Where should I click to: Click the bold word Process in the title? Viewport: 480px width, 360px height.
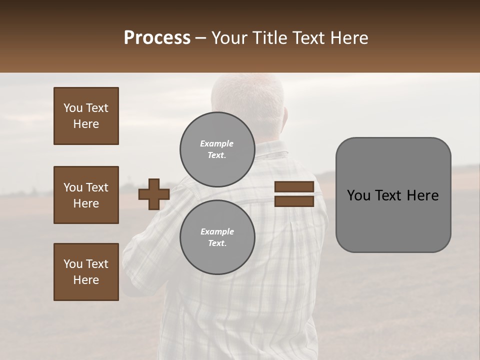pos(157,38)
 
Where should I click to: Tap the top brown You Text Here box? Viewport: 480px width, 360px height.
pos(86,116)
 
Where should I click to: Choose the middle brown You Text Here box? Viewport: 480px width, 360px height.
pos(86,195)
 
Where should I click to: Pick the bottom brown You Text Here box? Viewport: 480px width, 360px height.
pos(86,272)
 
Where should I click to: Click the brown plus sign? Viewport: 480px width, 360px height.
pos(154,194)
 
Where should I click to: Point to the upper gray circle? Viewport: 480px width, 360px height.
pos(217,149)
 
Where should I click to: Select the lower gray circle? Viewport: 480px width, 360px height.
pos(217,237)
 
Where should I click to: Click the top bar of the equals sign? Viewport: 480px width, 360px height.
pos(294,187)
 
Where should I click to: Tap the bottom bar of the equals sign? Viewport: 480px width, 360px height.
pos(294,201)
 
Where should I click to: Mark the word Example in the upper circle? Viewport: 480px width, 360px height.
pos(216,143)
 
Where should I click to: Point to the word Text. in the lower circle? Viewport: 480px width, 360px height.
pos(217,243)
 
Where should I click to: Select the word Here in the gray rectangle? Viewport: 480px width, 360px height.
pos(422,195)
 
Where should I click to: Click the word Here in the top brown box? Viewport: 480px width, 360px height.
pos(86,124)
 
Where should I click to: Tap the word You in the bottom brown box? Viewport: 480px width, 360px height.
pos(73,264)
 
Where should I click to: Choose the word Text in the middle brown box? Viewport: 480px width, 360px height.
pos(96,187)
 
